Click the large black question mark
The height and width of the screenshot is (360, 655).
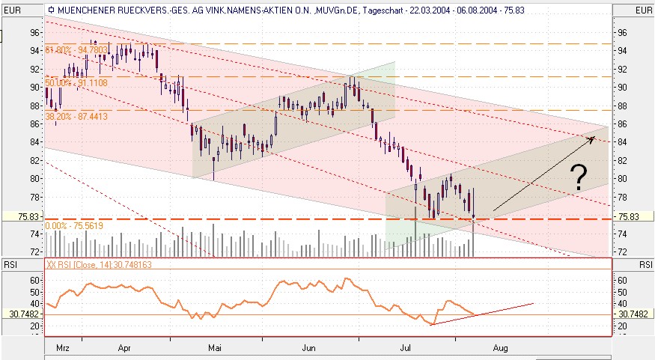tap(577, 177)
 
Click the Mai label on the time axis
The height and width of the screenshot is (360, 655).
tap(216, 347)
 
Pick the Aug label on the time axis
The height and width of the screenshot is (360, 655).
tap(501, 347)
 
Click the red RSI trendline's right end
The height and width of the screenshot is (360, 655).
tap(533, 303)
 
